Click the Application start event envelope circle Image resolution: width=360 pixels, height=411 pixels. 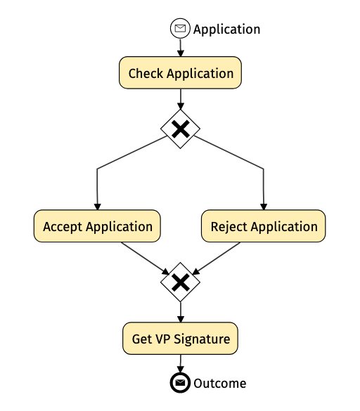tap(180, 28)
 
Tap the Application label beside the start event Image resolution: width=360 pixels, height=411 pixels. tap(226, 30)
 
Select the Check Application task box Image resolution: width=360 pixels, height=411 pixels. tap(180, 72)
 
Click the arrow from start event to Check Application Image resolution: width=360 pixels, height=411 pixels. tap(180, 48)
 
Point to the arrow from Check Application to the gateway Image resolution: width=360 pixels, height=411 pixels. tap(180, 99)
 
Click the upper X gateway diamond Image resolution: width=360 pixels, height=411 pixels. tap(180, 129)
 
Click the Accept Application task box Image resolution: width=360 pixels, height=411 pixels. tap(97, 226)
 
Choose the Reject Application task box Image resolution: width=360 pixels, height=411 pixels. tap(264, 226)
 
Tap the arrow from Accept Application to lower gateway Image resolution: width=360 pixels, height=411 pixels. tap(145, 259)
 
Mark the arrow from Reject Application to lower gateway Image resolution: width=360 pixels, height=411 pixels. tap(216, 259)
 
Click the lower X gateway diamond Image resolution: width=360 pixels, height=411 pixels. tap(180, 282)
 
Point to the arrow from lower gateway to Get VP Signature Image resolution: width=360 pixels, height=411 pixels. tap(180, 312)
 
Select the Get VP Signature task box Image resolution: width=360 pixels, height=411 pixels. tap(180, 339)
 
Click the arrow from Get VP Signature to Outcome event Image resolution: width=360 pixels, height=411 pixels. tap(180, 363)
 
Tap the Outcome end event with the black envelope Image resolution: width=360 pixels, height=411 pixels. tap(180, 383)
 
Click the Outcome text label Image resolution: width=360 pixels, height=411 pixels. tap(220, 384)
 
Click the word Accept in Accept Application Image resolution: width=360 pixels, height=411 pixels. tap(63, 227)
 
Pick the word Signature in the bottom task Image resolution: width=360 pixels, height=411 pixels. tap(202, 339)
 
